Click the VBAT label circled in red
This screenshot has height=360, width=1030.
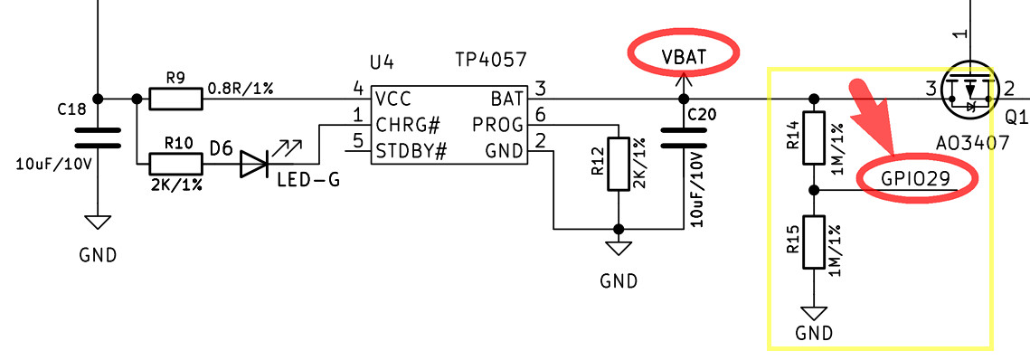click(x=683, y=56)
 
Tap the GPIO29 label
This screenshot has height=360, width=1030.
click(x=915, y=178)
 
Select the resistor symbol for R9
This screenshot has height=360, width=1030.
click(x=176, y=98)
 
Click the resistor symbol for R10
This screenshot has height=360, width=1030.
click(x=176, y=164)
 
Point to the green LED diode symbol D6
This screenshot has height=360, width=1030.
click(x=255, y=164)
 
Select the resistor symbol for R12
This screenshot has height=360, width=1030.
click(x=619, y=163)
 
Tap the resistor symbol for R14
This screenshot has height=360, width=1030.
click(x=815, y=137)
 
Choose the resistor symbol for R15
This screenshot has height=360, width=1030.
click(x=815, y=242)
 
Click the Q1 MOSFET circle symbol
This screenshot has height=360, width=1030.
click(x=969, y=90)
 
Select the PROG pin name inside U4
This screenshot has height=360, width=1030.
click(x=497, y=123)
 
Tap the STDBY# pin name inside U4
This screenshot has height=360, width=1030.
click(x=412, y=148)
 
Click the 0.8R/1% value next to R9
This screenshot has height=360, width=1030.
click(x=241, y=88)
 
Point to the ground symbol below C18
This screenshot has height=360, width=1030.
click(x=98, y=223)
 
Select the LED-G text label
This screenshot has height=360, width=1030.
click(x=309, y=180)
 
